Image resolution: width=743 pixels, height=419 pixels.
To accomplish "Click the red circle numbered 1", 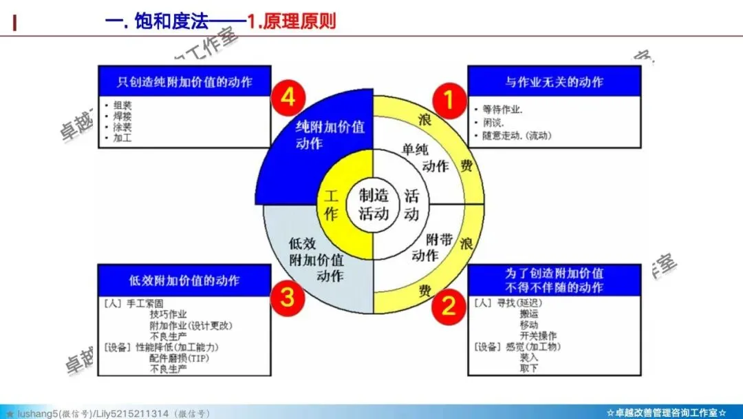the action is (448, 101).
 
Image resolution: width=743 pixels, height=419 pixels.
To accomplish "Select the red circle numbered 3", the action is (287, 298).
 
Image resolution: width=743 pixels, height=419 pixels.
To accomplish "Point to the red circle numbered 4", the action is (288, 98).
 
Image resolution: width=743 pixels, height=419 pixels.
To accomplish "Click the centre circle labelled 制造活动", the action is (374, 204).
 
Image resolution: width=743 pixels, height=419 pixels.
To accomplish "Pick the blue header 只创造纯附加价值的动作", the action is (184, 82).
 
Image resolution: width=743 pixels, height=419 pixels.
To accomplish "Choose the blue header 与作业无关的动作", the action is (554, 82).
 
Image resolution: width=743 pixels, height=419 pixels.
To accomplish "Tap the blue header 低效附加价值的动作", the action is (184, 280).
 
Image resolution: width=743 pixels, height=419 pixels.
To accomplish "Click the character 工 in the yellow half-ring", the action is (331, 196).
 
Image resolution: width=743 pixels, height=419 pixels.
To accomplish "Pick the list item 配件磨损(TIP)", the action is (181, 358).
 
